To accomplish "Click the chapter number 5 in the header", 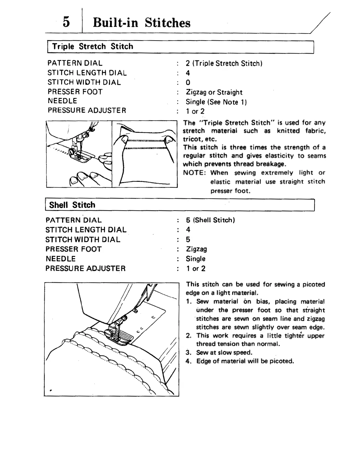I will point(66,22).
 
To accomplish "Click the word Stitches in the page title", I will point(167,23).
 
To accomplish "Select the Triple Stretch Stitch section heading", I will point(92,46).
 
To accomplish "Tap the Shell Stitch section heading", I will point(72,205).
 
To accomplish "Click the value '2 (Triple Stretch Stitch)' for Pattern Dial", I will point(224,63).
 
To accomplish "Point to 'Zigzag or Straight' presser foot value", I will point(214,92).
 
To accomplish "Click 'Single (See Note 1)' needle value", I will point(216,102).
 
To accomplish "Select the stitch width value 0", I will point(188,83).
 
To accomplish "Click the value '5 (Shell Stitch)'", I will point(210,220).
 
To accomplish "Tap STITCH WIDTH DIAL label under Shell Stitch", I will point(83,239).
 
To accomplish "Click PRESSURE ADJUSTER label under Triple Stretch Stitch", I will point(87,110).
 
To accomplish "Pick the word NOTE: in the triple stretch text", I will point(194,173).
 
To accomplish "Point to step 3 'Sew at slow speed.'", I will point(224,352).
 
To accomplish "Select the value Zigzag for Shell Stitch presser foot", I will point(196,249).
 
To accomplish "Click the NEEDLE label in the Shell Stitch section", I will point(61,259).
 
